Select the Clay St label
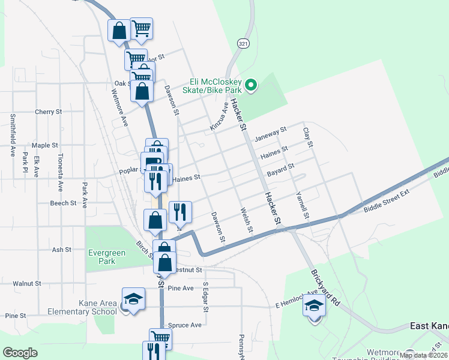(308, 137)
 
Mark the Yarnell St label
(302, 205)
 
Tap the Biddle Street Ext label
(386, 201)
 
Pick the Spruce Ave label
(185, 325)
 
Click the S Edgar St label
(205, 298)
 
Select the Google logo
(20, 352)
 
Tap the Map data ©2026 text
(423, 355)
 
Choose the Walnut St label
(27, 283)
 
